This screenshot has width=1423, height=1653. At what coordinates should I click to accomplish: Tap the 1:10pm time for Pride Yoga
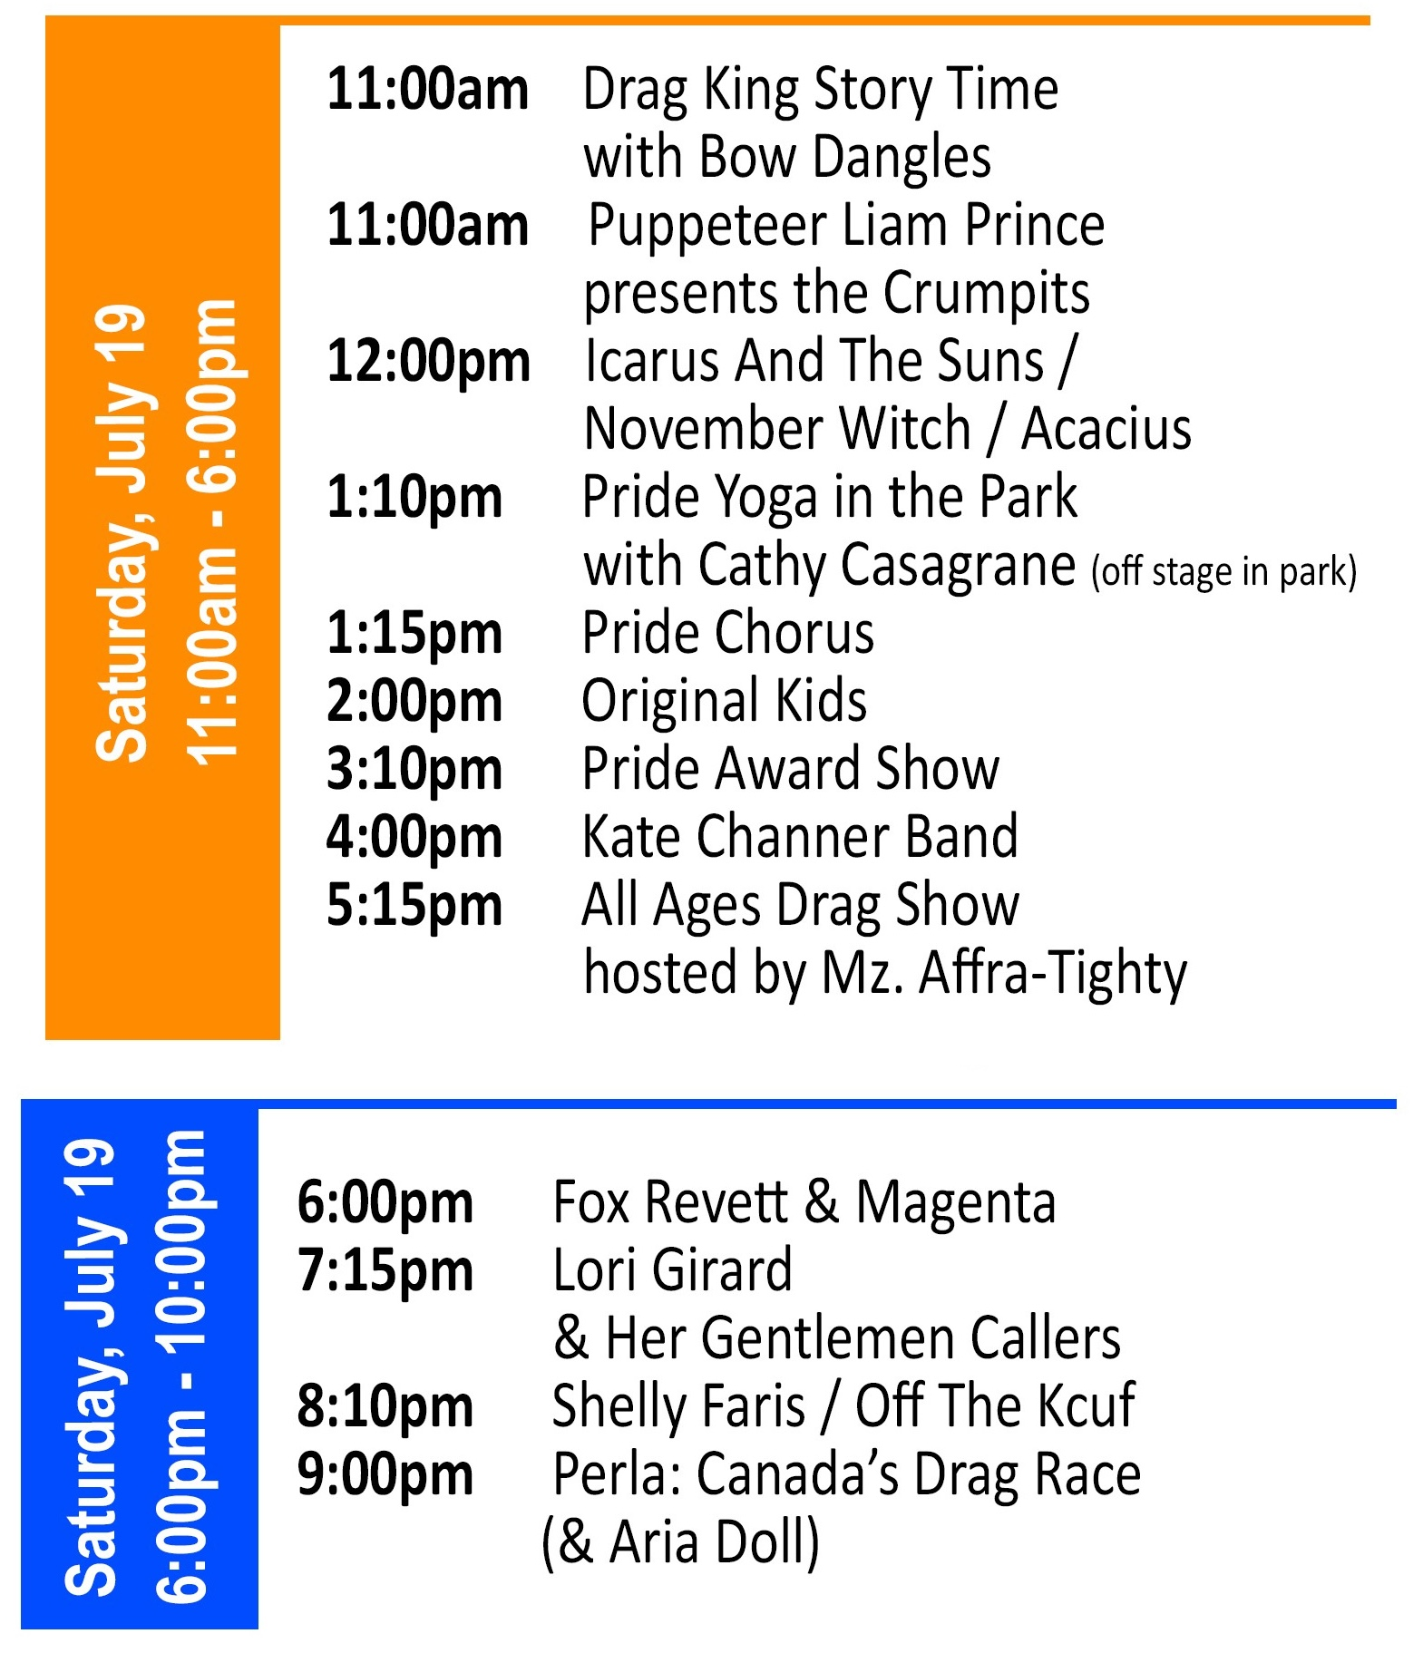pos(414,500)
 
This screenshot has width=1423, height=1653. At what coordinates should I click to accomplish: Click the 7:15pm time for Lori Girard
pos(385,1270)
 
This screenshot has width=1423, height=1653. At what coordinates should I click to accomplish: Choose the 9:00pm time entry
pos(385,1475)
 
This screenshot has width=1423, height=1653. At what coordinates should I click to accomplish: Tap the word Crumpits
pos(987,295)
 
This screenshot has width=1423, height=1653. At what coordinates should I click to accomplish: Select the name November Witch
pos(777,429)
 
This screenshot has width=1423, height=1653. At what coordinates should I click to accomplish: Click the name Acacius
pos(1106,429)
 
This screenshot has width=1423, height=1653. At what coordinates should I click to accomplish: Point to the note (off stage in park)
pos(1224,572)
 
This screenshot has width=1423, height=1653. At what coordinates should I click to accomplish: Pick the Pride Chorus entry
pos(728,633)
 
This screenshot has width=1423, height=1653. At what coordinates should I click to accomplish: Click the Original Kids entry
pos(725,703)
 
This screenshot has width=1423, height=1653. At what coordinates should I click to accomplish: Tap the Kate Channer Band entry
pos(801,837)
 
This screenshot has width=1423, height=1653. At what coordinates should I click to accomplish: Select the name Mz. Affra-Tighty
pos(1004,975)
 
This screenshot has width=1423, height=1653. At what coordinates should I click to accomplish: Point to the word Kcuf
pos(1087,1406)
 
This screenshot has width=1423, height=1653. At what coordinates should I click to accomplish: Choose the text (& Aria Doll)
pos(680,1543)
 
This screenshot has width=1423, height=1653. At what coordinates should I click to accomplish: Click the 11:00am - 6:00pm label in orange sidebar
pos(211,532)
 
